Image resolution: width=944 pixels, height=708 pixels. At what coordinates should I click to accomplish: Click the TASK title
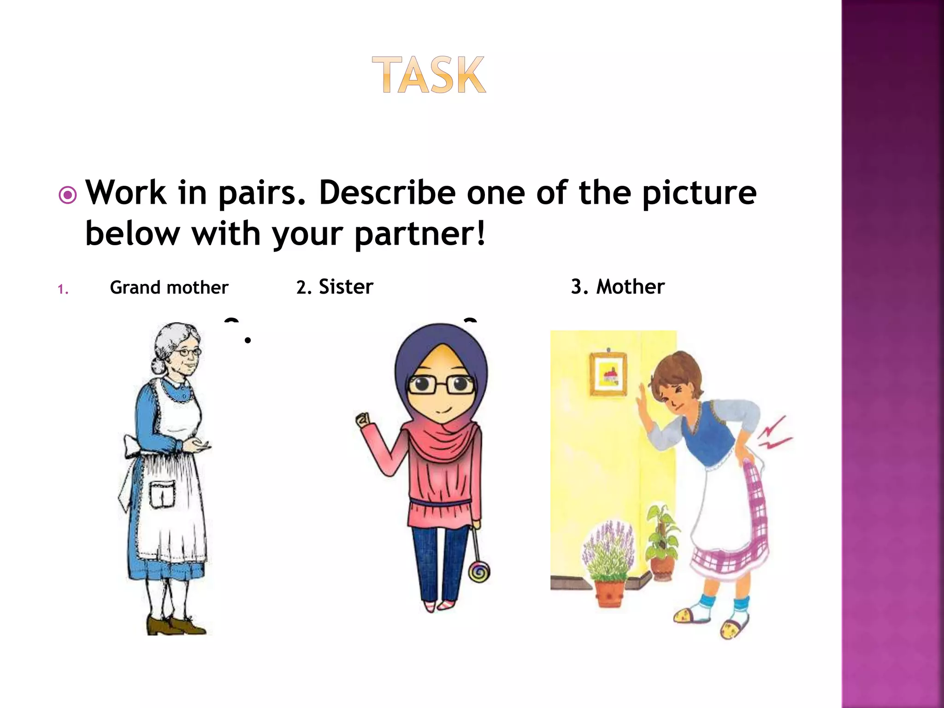coord(429,75)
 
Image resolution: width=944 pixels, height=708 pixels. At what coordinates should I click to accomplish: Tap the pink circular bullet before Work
coord(68,195)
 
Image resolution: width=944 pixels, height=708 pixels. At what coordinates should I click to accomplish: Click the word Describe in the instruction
coord(387,192)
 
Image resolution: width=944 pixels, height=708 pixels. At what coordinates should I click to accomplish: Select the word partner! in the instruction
coord(420,234)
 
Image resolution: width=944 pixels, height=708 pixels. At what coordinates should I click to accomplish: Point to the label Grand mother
coord(169,288)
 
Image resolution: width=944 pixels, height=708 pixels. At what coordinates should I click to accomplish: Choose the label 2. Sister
coord(335,287)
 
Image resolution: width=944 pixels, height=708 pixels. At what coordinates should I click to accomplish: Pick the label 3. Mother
coord(618,287)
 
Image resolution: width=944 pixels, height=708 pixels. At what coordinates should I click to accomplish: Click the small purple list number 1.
coord(63,289)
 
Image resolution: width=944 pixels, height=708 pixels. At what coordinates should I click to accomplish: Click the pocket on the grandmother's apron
coord(162,494)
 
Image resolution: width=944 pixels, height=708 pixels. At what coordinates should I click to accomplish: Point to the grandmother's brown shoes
coord(175,626)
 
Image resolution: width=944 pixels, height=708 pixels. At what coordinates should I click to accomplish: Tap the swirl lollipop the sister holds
coord(479,572)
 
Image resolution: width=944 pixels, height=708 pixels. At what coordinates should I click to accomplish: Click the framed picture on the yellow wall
coord(608,374)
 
